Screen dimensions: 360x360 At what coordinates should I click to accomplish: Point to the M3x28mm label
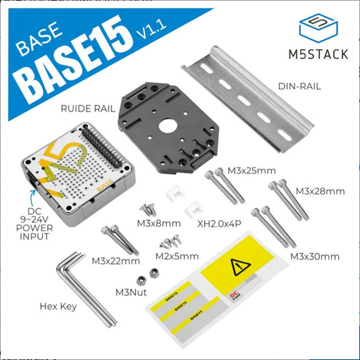pyautogui.click(x=321, y=191)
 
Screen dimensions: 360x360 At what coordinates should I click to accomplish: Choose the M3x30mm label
pyautogui.click(x=315, y=257)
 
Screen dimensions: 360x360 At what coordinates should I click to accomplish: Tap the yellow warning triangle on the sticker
pyautogui.click(x=240, y=268)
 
